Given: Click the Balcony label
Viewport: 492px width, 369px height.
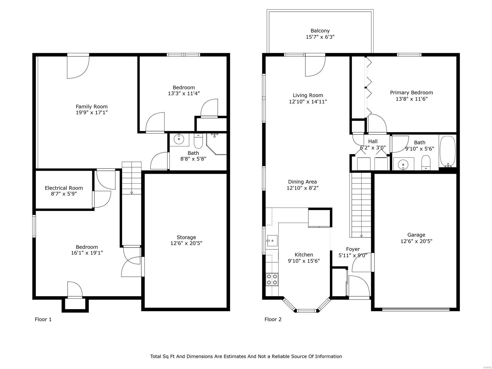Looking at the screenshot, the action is coord(320,31).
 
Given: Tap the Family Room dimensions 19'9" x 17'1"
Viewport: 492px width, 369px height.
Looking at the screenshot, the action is coord(92,113).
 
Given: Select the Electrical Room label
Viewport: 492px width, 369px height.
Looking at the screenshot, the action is coord(64,188).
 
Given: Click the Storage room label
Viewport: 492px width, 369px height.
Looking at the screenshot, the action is coord(186,237).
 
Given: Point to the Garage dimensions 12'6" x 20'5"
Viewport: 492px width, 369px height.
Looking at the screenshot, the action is coord(416,241).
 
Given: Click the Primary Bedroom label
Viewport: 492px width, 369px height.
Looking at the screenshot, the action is coord(411,93).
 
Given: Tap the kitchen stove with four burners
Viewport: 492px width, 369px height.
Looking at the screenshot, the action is coord(272,280).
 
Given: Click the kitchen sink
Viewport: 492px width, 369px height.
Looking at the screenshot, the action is coord(272,241).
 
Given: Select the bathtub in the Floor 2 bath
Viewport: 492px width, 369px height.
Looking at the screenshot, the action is coord(448,152).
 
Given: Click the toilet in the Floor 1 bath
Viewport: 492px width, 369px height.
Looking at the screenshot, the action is coord(198,141).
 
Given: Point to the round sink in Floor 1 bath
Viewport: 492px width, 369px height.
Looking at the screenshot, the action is coord(179,139).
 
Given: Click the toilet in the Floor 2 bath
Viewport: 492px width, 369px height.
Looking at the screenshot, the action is coord(426,162).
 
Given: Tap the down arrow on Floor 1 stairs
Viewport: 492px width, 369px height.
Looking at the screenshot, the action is coord(132,192).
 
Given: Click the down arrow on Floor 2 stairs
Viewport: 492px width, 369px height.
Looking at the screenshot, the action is coord(361,236).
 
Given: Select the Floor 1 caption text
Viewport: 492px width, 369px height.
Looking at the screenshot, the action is coord(43,319).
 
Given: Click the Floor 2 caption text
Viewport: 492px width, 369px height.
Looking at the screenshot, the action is coord(273,319).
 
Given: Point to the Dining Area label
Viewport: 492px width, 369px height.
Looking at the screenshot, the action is coord(302,182).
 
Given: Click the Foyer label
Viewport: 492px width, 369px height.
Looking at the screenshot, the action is coord(353,249).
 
